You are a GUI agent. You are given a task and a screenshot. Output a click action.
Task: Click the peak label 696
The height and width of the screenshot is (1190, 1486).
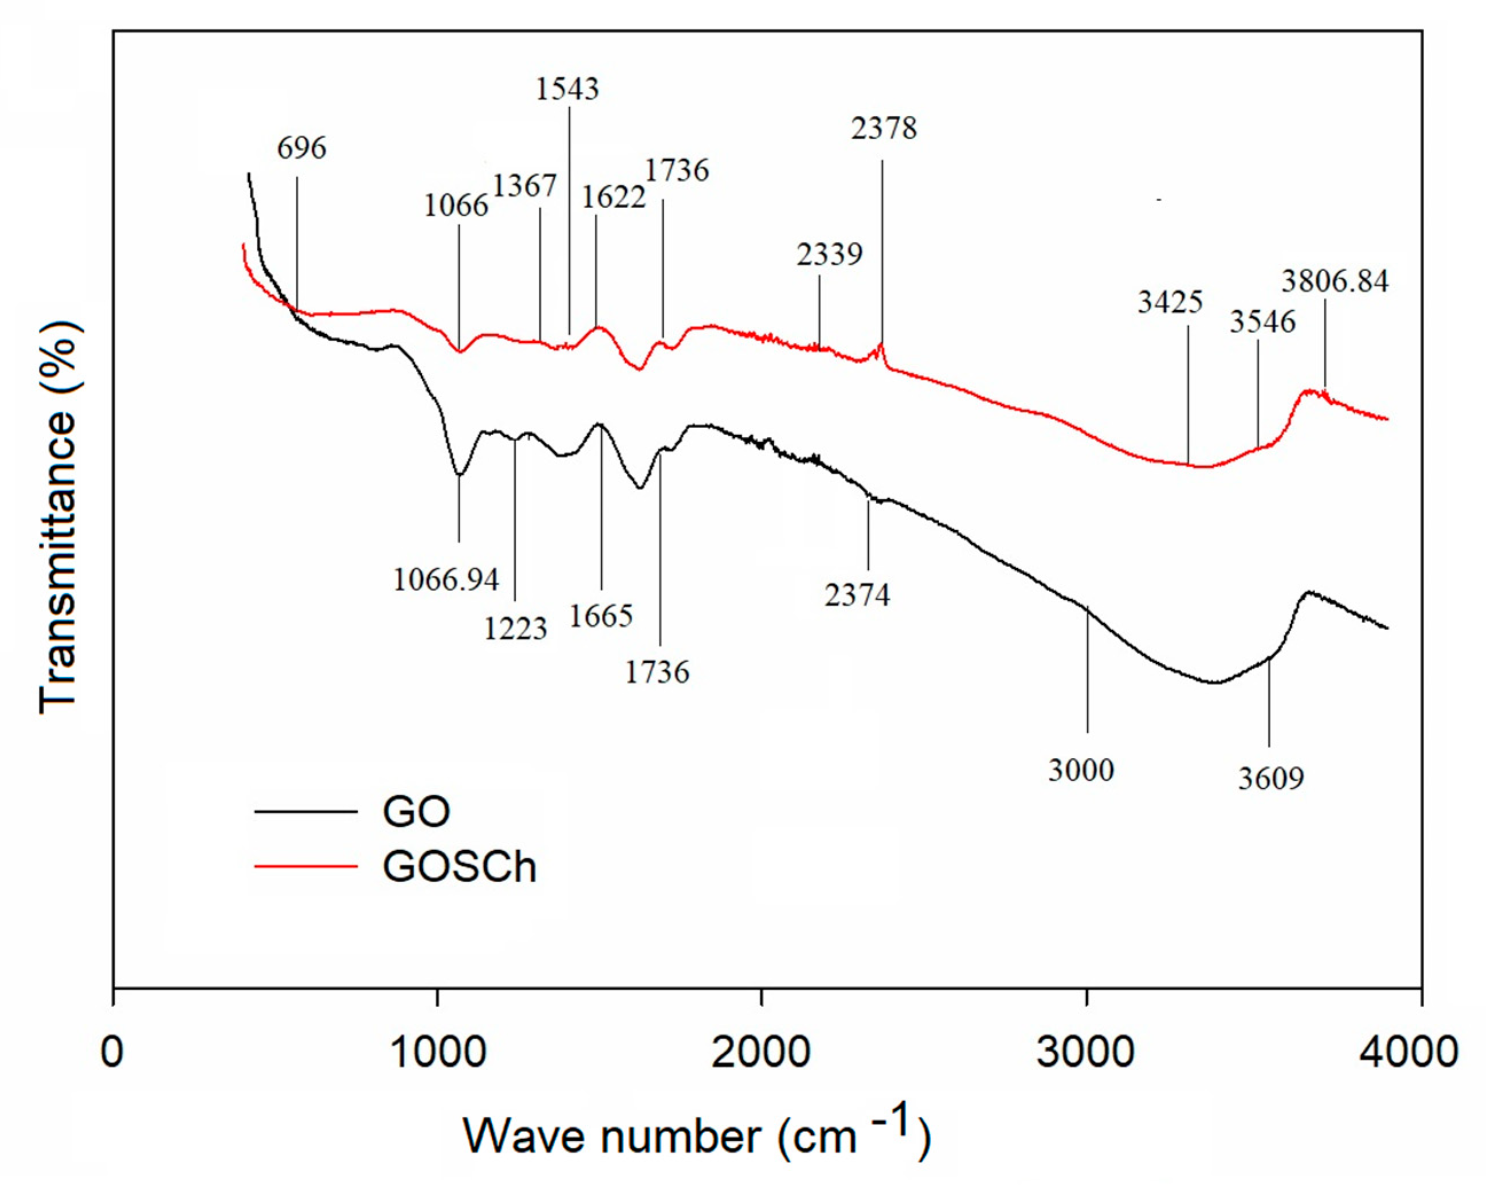301,148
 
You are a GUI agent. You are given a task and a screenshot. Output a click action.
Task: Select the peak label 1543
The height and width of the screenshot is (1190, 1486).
567,89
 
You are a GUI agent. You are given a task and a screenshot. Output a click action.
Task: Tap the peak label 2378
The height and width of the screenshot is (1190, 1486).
884,128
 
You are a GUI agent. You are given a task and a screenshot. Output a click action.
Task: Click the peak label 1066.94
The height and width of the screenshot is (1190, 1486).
445,579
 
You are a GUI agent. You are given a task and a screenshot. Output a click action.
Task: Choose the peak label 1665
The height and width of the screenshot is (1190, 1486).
601,616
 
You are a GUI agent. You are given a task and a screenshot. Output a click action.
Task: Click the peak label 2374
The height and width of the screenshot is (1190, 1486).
857,594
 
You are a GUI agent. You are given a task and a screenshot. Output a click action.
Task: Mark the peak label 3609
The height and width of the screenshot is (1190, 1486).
1271,778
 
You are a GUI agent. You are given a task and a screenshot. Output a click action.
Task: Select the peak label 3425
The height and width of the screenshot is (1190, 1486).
1170,302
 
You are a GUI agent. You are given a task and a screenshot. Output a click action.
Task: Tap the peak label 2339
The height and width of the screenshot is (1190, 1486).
829,255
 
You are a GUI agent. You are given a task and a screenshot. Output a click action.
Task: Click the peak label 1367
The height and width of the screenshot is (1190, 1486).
524,186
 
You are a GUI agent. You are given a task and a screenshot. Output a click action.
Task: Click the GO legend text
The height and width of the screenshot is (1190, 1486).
415,812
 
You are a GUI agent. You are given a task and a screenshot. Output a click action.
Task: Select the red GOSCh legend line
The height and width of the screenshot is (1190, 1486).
305,866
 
